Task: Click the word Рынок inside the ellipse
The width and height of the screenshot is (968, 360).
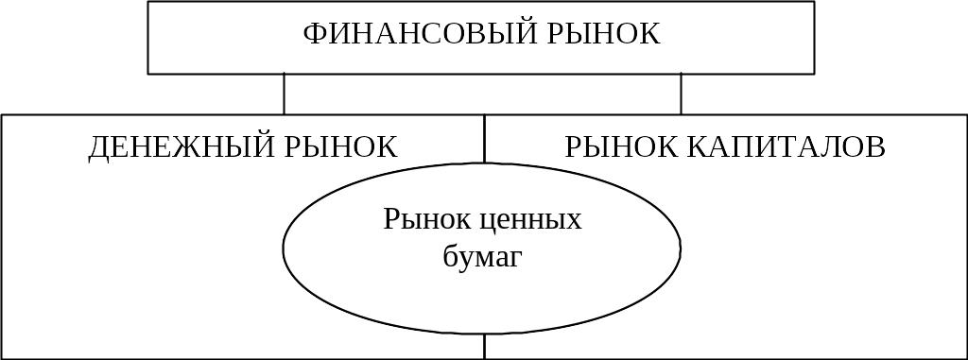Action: pyautogui.click(x=424, y=221)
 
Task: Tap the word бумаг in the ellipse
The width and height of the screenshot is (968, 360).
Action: pyautogui.click(x=483, y=257)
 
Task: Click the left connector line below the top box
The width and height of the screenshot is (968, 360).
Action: pyautogui.click(x=284, y=94)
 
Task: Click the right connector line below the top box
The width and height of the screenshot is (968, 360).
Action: pyautogui.click(x=681, y=94)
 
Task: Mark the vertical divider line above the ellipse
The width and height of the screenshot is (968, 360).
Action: pyautogui.click(x=485, y=139)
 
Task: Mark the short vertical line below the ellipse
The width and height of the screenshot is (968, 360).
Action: pyautogui.click(x=485, y=347)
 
